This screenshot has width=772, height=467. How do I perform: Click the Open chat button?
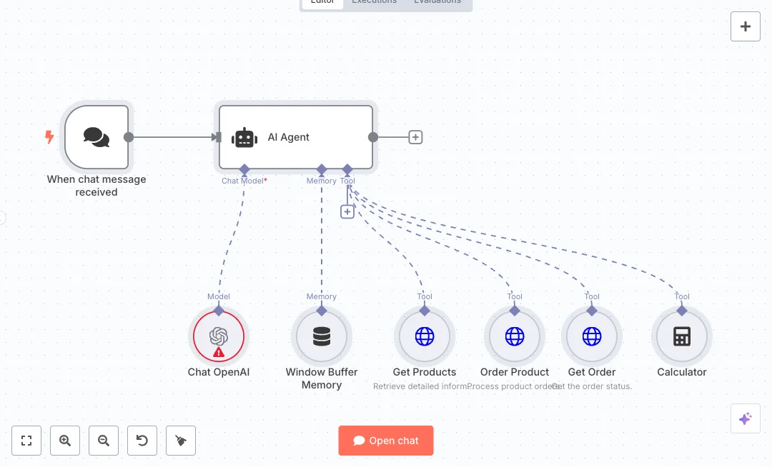click(386, 441)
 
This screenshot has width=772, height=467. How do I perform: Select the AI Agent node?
click(296, 137)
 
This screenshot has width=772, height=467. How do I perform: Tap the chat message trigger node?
click(96, 137)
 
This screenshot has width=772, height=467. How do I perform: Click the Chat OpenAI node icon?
click(219, 336)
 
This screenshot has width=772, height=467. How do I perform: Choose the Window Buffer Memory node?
click(322, 337)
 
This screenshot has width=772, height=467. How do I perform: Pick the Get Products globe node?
click(425, 337)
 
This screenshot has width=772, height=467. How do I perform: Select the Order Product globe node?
click(515, 337)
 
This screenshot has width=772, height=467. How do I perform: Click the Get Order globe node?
click(592, 337)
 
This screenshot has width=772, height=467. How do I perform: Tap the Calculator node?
click(682, 337)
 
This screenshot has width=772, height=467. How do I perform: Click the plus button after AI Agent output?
click(415, 137)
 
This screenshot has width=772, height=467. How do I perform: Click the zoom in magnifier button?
click(65, 441)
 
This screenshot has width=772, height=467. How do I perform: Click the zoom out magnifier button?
click(104, 441)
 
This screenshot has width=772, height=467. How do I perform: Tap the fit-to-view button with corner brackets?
click(26, 441)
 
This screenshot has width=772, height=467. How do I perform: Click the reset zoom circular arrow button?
click(142, 441)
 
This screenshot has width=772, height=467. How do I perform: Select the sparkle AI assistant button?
click(745, 418)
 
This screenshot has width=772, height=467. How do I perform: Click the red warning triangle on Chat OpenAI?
click(219, 352)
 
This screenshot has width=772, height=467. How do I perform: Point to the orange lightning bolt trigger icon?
click(49, 136)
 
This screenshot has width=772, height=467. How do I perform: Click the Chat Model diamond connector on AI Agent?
click(244, 169)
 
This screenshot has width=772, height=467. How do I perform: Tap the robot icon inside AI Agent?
click(244, 138)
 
